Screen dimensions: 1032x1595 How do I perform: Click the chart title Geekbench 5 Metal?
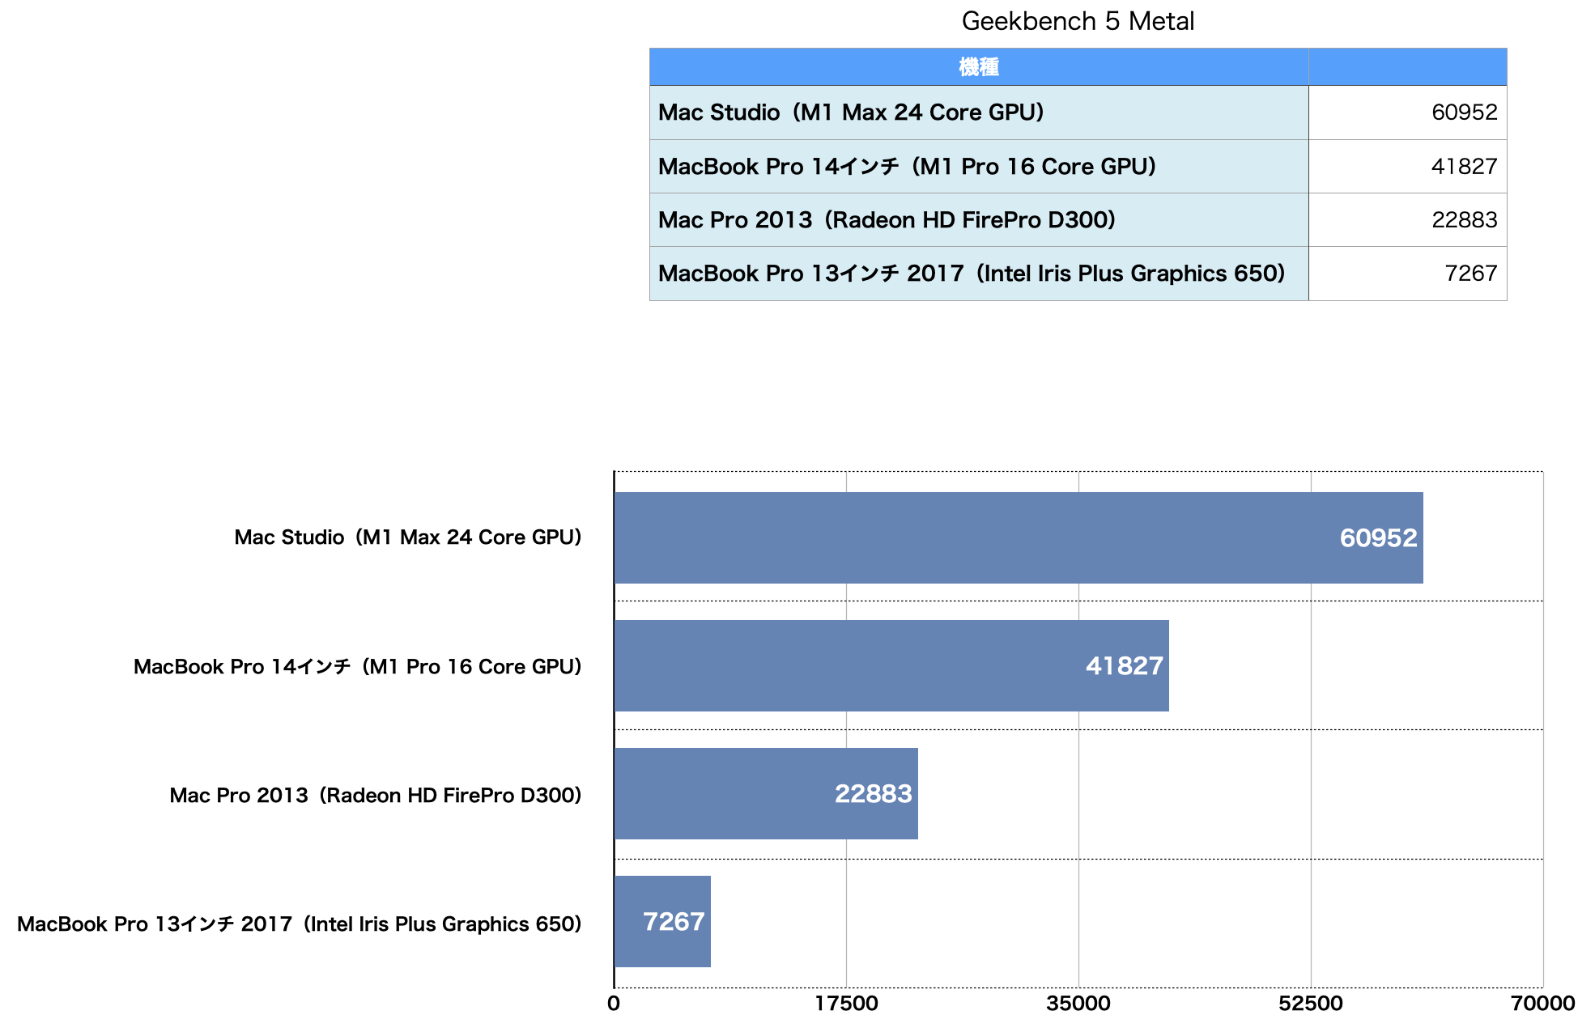[x=1077, y=21]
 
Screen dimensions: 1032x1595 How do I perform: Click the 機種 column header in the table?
[x=978, y=66]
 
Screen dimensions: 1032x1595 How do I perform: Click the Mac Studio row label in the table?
[x=851, y=112]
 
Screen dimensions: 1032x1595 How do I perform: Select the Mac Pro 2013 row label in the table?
[x=887, y=219]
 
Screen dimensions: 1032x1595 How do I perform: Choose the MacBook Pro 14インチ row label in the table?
[x=907, y=166]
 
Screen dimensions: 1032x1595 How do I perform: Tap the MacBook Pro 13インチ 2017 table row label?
[x=972, y=274]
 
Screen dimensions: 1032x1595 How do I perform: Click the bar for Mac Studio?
[x=1018, y=537]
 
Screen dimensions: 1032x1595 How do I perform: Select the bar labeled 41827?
[x=891, y=665]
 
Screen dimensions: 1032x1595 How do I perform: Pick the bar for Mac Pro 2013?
[x=765, y=793]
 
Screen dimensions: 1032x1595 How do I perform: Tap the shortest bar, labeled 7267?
[x=661, y=921]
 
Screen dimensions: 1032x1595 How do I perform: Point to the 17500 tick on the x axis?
[x=846, y=1004]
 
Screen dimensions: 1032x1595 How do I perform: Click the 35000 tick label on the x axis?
[x=1078, y=1004]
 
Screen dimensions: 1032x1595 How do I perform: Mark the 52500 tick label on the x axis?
[x=1310, y=1004]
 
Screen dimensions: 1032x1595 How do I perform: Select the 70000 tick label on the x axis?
[x=1542, y=1004]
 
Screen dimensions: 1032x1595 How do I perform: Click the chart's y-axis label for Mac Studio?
[x=408, y=537]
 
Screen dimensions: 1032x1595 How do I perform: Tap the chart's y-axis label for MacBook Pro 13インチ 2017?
[x=300, y=924]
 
